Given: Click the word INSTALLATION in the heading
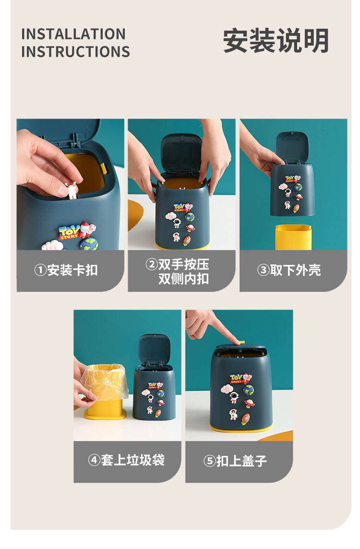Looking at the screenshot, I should click(73, 34).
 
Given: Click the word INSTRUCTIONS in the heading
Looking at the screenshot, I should click(75, 51).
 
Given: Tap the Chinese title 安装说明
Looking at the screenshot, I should click(276, 41).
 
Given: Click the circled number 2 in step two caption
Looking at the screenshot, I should click(152, 264).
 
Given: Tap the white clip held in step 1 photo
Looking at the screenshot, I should click(72, 191).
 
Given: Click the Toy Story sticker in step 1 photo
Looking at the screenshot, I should click(69, 233).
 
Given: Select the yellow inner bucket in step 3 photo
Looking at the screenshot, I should click(293, 237).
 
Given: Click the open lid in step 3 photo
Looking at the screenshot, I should click(292, 147).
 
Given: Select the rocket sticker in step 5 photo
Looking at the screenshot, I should click(246, 418).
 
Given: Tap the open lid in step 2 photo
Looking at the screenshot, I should click(181, 154).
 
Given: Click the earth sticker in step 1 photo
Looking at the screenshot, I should click(89, 244).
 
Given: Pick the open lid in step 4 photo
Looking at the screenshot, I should click(154, 350).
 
